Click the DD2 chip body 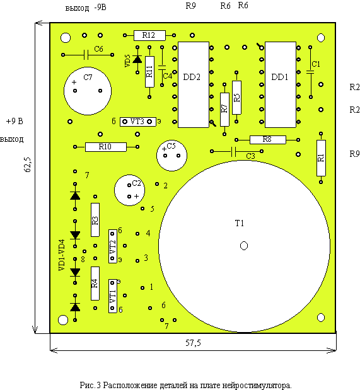point(194,84)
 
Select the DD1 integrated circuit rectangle point(281,84)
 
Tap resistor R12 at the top point(149,35)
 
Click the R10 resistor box point(105,147)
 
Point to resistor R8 point(267,140)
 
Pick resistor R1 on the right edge point(321,158)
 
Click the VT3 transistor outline point(137,122)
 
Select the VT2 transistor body point(112,246)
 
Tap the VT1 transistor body point(112,296)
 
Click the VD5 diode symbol point(137,59)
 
